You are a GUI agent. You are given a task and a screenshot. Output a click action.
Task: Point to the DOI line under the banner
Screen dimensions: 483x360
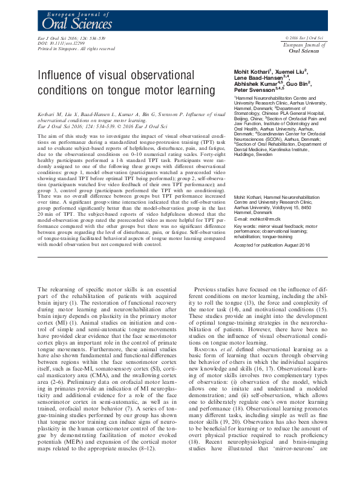point(56,44)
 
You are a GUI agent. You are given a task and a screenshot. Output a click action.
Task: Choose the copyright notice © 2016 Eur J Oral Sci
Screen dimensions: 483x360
point(304,38)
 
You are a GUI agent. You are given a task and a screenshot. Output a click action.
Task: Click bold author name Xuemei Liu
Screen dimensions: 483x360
point(293,72)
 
